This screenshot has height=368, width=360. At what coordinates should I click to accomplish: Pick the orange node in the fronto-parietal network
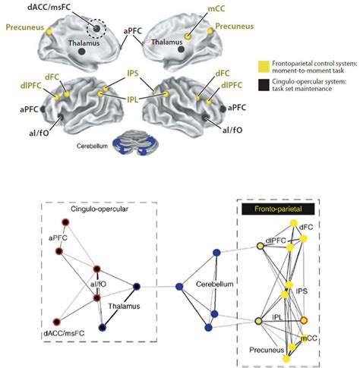(304, 319)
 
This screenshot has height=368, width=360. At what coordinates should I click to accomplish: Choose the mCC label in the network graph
(309, 336)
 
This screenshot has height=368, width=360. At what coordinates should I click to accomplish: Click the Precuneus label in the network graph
(270, 351)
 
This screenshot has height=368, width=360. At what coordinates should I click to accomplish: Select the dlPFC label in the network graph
(276, 240)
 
